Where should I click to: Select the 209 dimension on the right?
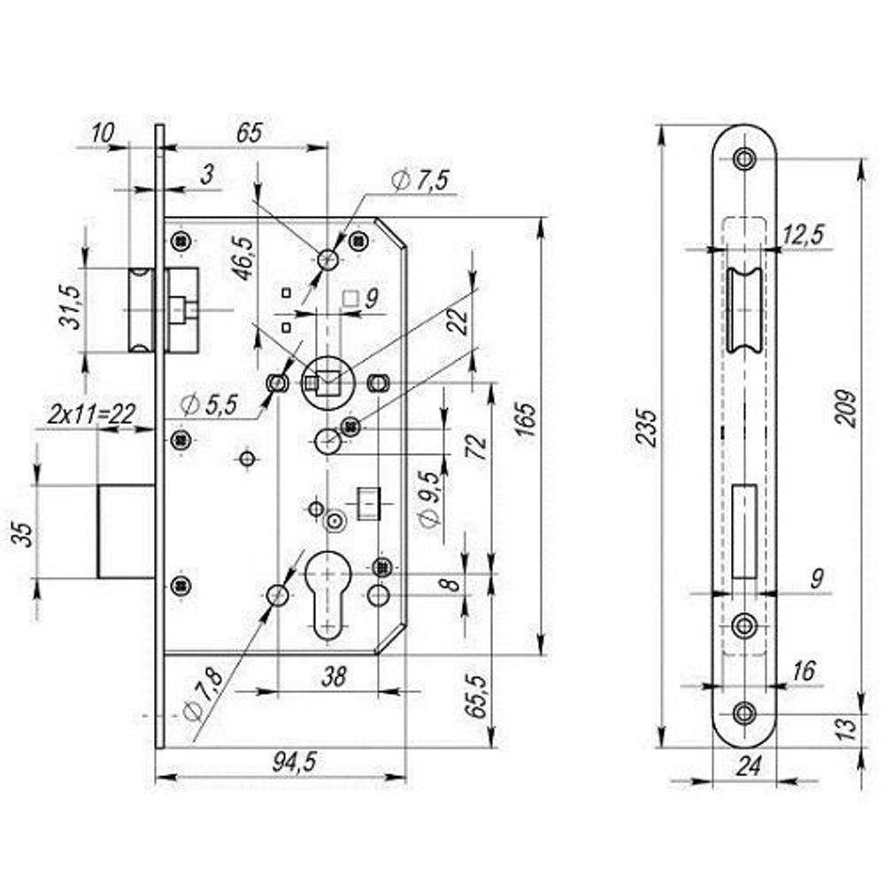(x=847, y=407)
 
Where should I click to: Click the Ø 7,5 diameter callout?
(x=419, y=181)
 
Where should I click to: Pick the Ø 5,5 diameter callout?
(x=208, y=404)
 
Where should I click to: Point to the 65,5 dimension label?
(x=477, y=696)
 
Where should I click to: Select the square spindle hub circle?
(x=327, y=382)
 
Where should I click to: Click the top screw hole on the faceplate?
(x=744, y=159)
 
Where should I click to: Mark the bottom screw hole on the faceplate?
(x=744, y=713)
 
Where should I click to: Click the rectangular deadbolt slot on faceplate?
(x=745, y=531)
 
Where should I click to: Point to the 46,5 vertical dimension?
(x=240, y=257)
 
